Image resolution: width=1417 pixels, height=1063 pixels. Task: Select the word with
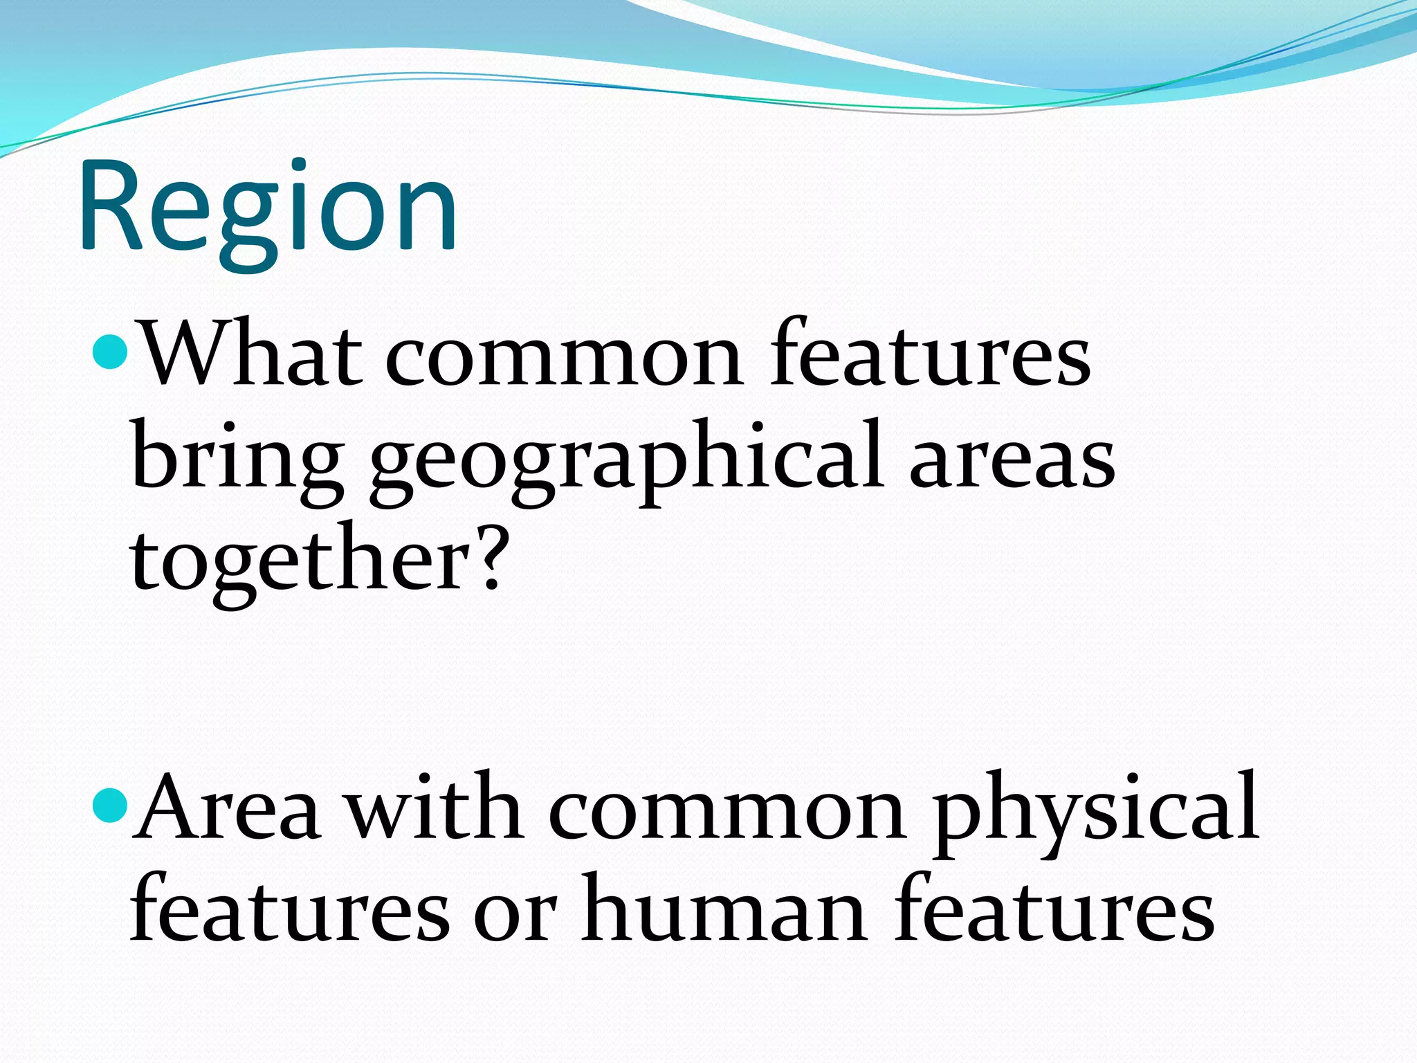tap(435, 807)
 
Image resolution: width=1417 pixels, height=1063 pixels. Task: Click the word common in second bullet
tap(727, 810)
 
